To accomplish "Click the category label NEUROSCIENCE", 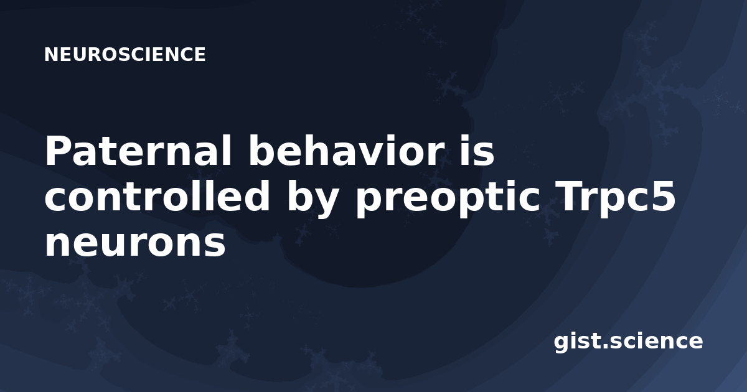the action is pyautogui.click(x=125, y=55).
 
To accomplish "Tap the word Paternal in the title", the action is pyautogui.click(x=138, y=151).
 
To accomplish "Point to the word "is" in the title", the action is pyautogui.click(x=477, y=150).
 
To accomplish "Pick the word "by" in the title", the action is pyautogui.click(x=312, y=198).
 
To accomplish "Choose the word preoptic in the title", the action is pyautogui.click(x=448, y=198).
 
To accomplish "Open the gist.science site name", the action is pyautogui.click(x=628, y=342).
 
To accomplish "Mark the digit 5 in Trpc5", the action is pyautogui.click(x=662, y=197).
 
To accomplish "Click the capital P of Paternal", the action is pyautogui.click(x=59, y=151).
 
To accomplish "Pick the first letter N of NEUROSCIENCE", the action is pyautogui.click(x=50, y=55).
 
